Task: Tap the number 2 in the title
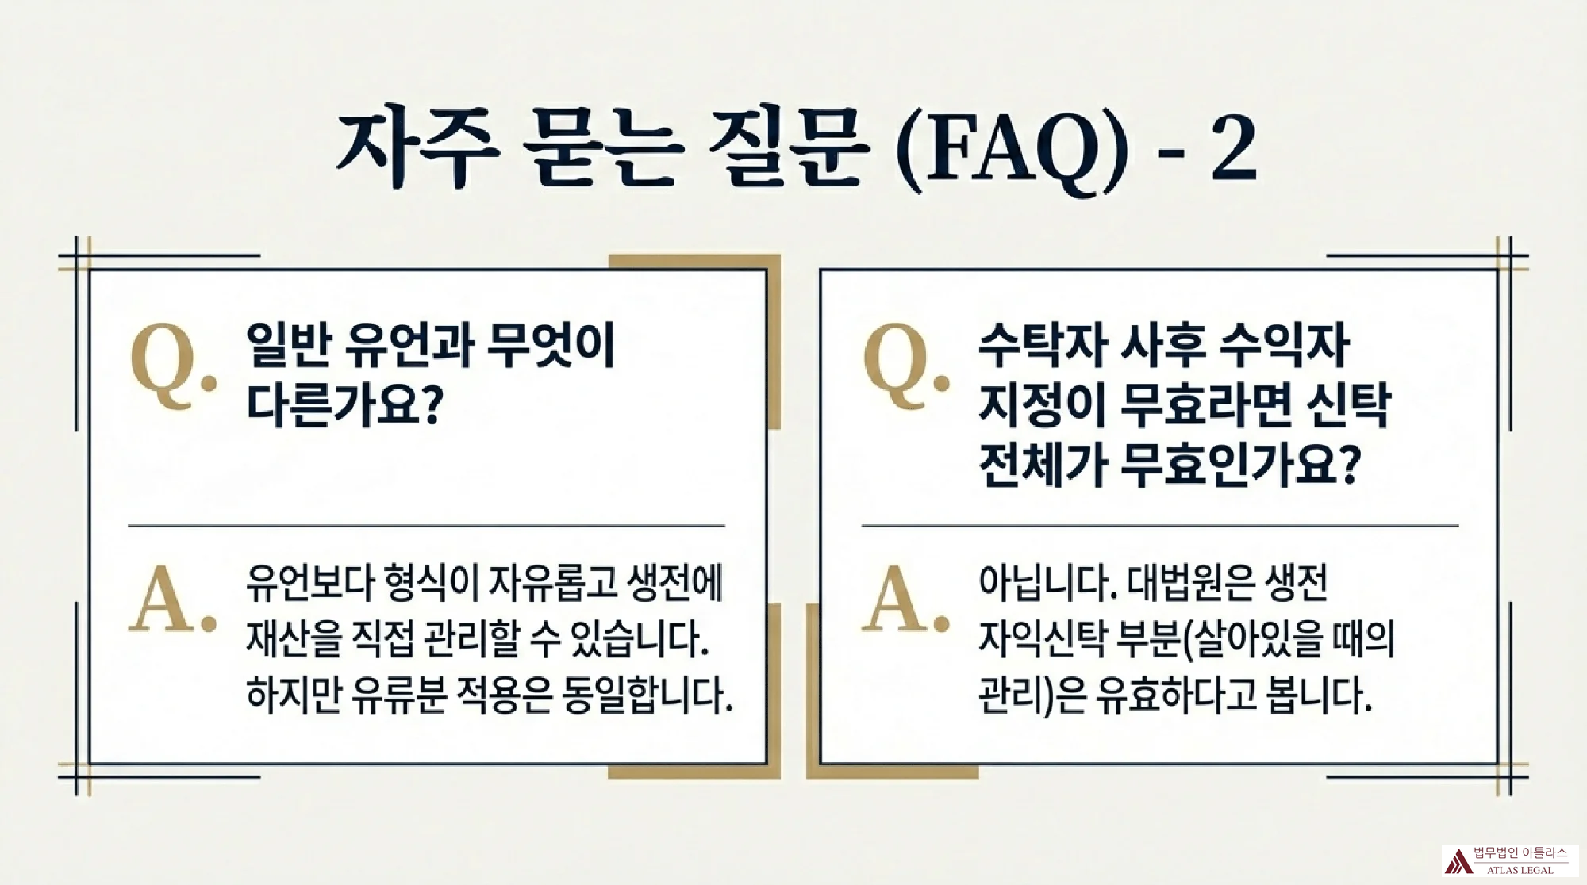coord(1233,148)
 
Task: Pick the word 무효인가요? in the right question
coord(1239,464)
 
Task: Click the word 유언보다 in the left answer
coord(309,582)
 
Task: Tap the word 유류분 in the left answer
coord(399,694)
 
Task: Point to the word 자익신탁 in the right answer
coord(1041,638)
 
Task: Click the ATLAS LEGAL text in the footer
coord(1520,870)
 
